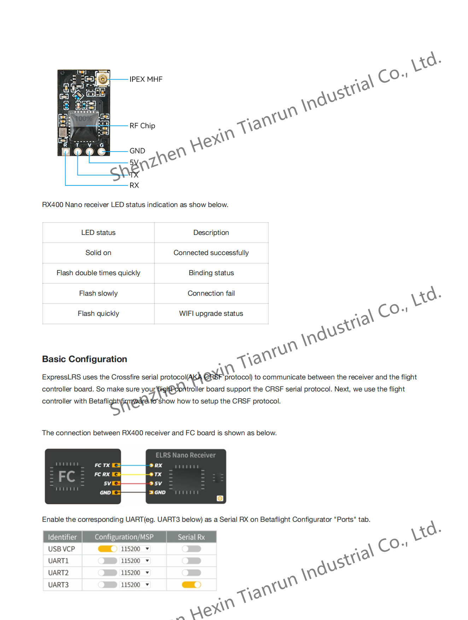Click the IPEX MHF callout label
(146, 79)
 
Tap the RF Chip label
(142, 126)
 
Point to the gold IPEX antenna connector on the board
(103, 79)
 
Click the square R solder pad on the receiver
(66, 152)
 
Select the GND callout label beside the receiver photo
(137, 151)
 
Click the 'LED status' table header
(98, 232)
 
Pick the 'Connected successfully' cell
(211, 253)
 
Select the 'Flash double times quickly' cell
(98, 273)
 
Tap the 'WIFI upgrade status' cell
(211, 313)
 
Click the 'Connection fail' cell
(211, 293)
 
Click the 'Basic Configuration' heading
(84, 359)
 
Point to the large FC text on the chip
(67, 476)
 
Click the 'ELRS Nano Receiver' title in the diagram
(186, 455)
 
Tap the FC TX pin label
(102, 465)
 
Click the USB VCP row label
(62, 549)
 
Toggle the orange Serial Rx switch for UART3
(191, 585)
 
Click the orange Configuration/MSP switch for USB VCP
(107, 549)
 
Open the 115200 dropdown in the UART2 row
(135, 573)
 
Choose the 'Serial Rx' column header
(191, 537)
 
